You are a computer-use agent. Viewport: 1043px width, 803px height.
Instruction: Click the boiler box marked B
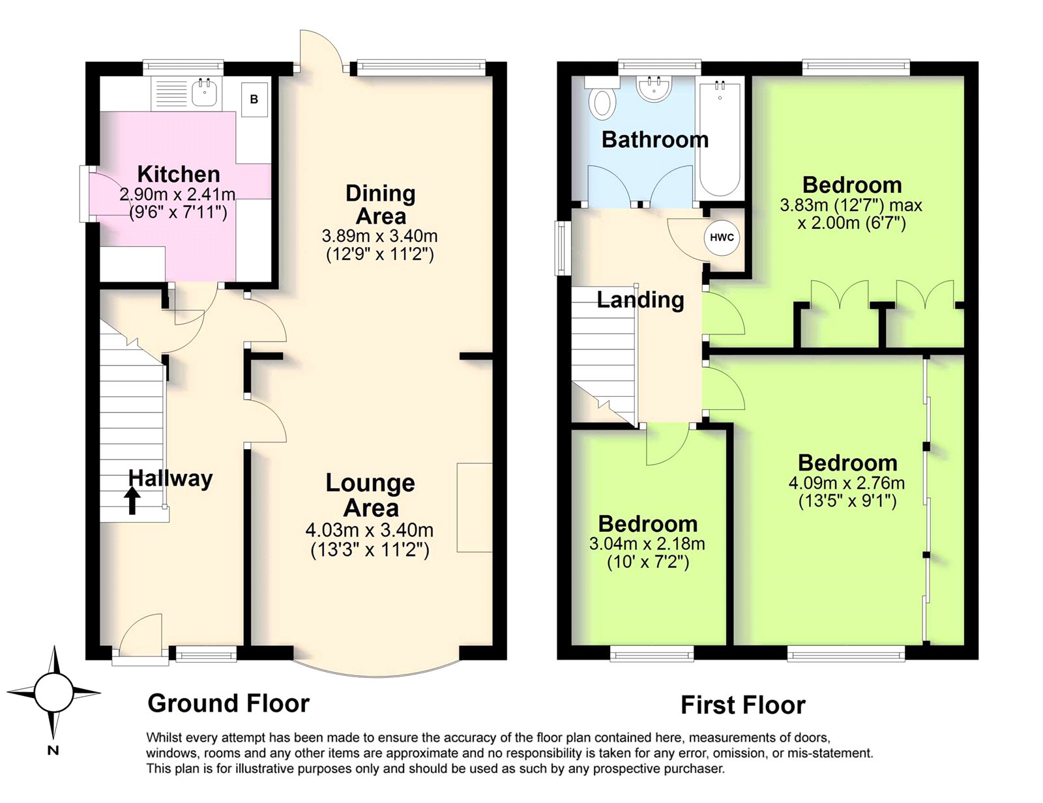pyautogui.click(x=254, y=99)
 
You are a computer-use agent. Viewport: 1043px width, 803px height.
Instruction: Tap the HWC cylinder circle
pyautogui.click(x=722, y=237)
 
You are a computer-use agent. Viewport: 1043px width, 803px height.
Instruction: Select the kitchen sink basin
pyautogui.click(x=205, y=93)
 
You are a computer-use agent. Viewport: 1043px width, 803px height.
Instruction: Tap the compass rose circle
pyautogui.click(x=53, y=692)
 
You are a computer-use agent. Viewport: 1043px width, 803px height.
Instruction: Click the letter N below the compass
pyautogui.click(x=53, y=751)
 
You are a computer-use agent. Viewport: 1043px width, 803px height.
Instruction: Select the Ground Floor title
pyautogui.click(x=228, y=704)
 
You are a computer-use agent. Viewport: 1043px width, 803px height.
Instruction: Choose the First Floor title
pyautogui.click(x=743, y=705)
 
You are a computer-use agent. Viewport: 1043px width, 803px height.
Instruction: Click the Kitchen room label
pyautogui.click(x=179, y=174)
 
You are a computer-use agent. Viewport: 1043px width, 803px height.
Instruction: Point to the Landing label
pyautogui.click(x=640, y=300)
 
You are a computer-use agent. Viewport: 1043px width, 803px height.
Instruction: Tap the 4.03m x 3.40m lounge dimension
pyautogui.click(x=370, y=530)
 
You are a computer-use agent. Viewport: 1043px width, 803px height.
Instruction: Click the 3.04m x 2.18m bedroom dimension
pyautogui.click(x=647, y=544)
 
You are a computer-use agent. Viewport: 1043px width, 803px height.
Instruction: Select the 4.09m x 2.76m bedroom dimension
pyautogui.click(x=847, y=482)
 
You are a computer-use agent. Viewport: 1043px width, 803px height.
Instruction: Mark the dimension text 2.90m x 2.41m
pyautogui.click(x=177, y=194)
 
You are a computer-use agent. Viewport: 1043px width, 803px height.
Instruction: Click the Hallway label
pyautogui.click(x=170, y=479)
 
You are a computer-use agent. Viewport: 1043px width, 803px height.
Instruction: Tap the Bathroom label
pyautogui.click(x=655, y=140)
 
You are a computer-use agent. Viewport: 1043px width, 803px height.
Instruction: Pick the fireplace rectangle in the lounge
pyautogui.click(x=474, y=508)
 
